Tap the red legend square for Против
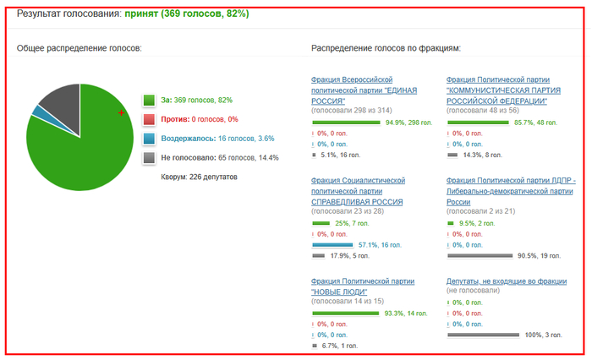pyautogui.click(x=149, y=119)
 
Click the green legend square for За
pyautogui.click(x=149, y=100)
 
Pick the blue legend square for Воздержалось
pyautogui.click(x=149, y=139)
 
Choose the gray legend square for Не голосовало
pyautogui.click(x=149, y=158)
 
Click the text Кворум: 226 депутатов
pyautogui.click(x=199, y=177)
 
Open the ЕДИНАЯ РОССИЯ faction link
pyautogui.click(x=364, y=90)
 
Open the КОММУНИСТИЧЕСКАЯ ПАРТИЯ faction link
pyautogui.click(x=503, y=90)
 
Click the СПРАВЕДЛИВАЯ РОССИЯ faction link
pyautogui.click(x=358, y=191)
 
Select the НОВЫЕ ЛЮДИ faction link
pyautogui.click(x=363, y=286)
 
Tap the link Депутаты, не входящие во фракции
pyautogui.click(x=507, y=281)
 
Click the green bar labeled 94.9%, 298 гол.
pyautogui.click(x=346, y=123)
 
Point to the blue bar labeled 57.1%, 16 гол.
pyautogui.click(x=332, y=245)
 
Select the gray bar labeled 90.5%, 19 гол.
pyautogui.click(x=480, y=255)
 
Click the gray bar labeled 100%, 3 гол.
pyautogui.click(x=483, y=335)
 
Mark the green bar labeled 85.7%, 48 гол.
pyautogui.click(x=478, y=123)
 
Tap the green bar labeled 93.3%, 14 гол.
pyautogui.click(x=345, y=314)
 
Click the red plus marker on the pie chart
pyautogui.click(x=121, y=112)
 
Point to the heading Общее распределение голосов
pyautogui.click(x=79, y=48)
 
